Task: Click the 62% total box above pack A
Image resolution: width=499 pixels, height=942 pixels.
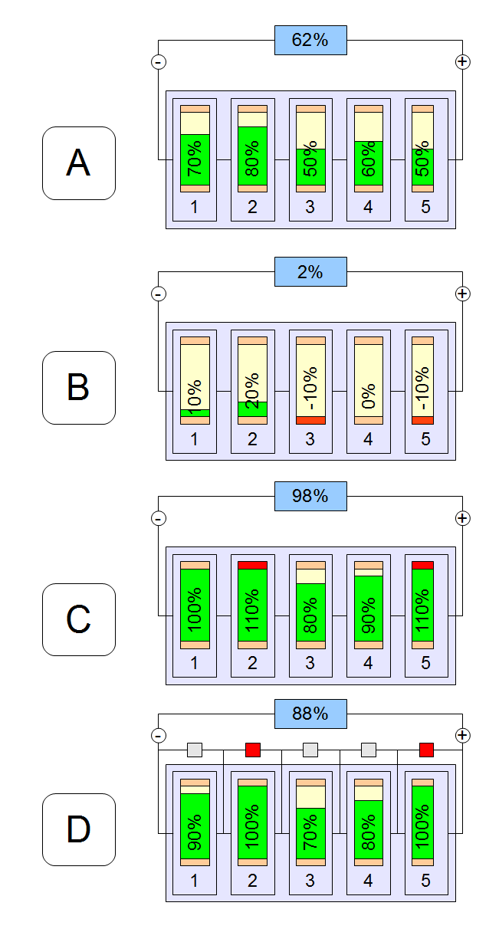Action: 310,40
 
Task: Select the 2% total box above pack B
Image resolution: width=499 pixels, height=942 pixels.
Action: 310,272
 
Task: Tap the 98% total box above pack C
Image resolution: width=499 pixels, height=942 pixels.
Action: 310,496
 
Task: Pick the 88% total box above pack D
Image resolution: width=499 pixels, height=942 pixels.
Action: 310,714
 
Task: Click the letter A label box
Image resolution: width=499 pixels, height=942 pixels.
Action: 78,163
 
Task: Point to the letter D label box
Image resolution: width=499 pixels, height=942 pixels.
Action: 78,829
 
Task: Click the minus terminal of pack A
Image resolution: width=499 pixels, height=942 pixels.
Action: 159,62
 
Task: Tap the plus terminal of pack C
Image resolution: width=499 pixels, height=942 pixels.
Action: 462,518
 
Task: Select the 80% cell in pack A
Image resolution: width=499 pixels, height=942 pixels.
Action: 253,149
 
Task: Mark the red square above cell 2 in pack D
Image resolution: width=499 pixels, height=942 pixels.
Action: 253,750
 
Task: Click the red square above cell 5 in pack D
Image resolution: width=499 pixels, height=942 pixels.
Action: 427,750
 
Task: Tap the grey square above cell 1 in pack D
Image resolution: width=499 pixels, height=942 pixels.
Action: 195,750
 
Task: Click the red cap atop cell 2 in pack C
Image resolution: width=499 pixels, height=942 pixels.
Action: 253,565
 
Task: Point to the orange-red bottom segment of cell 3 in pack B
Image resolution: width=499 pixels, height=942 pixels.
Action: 310,420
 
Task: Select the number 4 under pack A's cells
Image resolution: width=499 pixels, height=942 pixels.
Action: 369,208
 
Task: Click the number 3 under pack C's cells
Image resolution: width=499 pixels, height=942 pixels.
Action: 310,662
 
